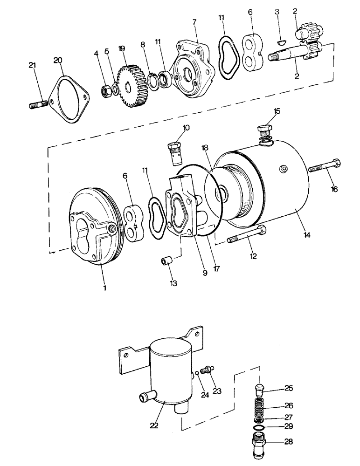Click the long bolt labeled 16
324,166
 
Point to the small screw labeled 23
208,370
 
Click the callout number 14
306,236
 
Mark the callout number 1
104,288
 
